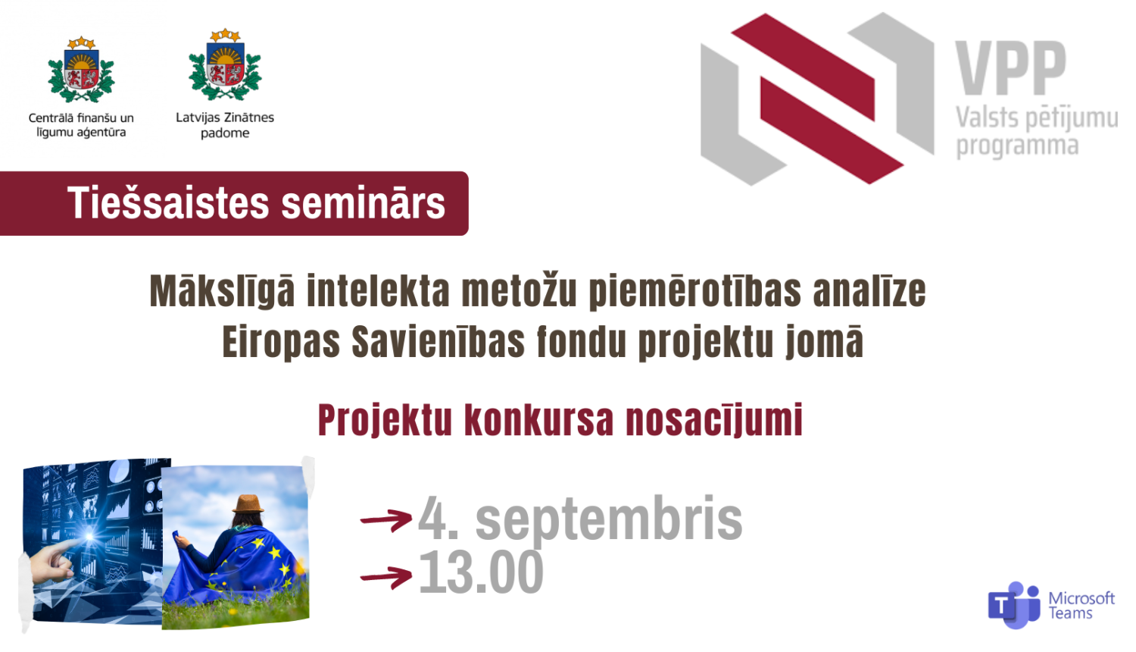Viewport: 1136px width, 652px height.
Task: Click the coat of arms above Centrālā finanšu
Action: click(81, 70)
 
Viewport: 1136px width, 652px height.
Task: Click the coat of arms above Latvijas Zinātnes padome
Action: click(225, 67)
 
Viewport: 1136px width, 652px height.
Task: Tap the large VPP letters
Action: click(1010, 68)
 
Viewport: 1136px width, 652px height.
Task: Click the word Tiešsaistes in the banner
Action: click(168, 203)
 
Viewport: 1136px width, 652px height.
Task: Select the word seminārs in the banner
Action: click(363, 203)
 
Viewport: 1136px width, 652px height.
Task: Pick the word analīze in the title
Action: click(869, 292)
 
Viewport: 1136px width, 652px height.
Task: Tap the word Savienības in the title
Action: click(438, 342)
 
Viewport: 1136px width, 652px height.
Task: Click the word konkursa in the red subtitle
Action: click(538, 420)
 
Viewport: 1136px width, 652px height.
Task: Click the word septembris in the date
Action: click(608, 519)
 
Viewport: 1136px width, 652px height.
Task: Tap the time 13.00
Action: click(481, 572)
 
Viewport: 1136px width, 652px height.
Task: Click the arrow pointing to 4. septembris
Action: click(385, 519)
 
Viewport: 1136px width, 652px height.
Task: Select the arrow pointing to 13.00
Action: click(385, 577)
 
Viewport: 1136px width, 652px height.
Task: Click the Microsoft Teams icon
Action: click(1013, 605)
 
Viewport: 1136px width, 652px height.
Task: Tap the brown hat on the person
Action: click(248, 504)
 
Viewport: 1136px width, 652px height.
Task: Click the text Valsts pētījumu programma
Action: click(1035, 131)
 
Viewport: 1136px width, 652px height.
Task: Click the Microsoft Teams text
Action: click(1081, 606)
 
